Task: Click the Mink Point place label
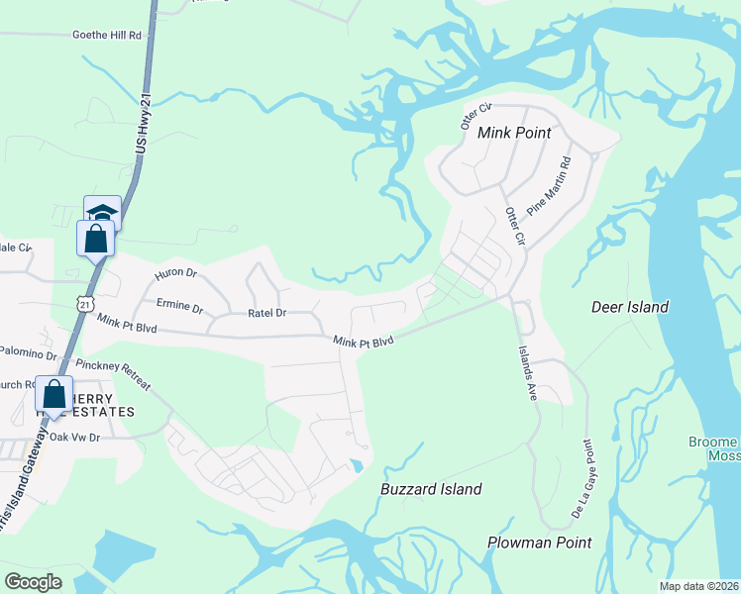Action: click(514, 132)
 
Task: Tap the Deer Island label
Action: click(630, 307)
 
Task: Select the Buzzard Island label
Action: click(431, 489)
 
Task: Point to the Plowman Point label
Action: click(539, 543)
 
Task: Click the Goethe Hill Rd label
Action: click(107, 34)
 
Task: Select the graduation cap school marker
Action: click(101, 213)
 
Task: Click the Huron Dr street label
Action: click(176, 273)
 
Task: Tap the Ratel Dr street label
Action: click(266, 313)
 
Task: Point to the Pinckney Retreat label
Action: click(119, 374)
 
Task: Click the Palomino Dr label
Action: click(28, 352)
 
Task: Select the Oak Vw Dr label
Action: click(75, 437)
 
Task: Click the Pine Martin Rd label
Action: click(551, 185)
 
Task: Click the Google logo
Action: click(33, 582)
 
